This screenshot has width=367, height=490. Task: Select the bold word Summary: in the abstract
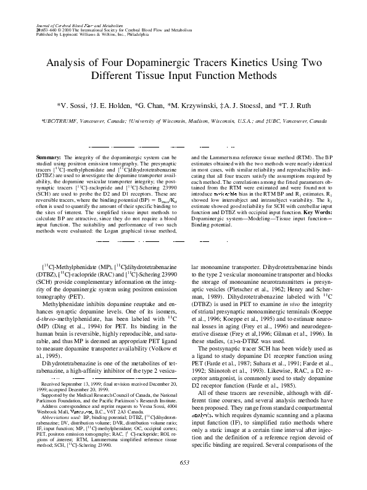coord(50,158)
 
